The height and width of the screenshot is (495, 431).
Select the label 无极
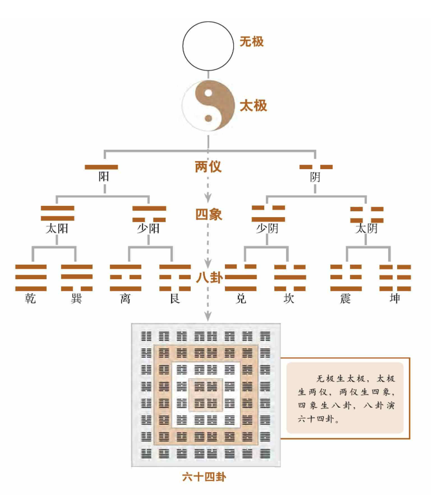coord(252,42)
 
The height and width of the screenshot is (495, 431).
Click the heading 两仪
coord(208,167)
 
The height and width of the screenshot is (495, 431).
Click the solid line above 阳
coord(102,167)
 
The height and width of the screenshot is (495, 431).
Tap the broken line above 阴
coord(316,167)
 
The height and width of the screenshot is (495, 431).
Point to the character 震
coord(346,299)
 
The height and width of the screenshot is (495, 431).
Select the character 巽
coord(76,299)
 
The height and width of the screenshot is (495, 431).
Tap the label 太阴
coord(366,228)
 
